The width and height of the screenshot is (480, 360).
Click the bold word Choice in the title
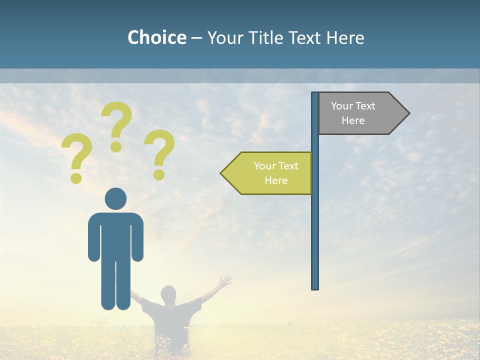(156, 37)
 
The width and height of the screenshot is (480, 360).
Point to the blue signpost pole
(314, 225)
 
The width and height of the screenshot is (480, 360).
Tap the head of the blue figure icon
(115, 198)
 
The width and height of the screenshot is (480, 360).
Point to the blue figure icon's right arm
(137, 237)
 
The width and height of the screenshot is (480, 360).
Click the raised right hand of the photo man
(225, 281)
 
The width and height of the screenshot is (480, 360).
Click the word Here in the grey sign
(353, 120)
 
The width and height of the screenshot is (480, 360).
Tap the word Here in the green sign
(276, 180)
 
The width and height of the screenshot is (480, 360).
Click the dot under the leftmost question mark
(76, 178)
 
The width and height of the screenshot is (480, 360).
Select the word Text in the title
(302, 37)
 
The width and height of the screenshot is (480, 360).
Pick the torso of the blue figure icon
(115, 235)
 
